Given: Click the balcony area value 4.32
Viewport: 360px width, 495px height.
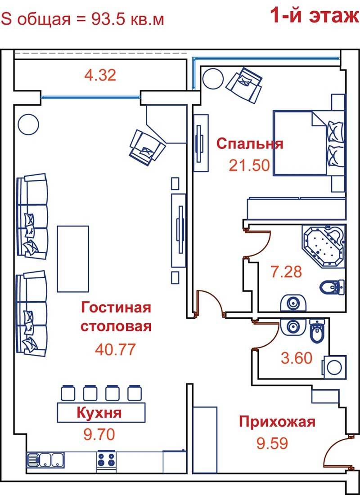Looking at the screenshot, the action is (100, 76).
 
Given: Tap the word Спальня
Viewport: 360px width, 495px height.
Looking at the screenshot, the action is (250, 144).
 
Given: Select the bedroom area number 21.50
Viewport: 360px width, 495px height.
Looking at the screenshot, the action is (249, 165).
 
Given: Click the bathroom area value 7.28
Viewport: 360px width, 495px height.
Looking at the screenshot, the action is (286, 272).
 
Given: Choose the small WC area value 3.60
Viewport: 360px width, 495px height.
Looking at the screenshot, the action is (297, 358).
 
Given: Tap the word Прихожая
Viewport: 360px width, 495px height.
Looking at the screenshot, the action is (277, 422).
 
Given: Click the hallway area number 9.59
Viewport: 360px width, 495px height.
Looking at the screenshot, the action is (272, 443).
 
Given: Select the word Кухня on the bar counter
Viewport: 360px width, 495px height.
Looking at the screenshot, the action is (99, 413).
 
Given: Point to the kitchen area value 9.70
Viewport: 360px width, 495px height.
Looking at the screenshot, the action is (99, 435).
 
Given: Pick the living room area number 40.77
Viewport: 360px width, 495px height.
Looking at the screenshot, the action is (115, 349).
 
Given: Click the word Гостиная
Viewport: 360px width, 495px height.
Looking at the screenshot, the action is (116, 308).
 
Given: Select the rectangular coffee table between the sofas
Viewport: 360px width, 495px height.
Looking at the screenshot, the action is (73, 259).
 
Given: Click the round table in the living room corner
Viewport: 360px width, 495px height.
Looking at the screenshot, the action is (28, 125).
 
